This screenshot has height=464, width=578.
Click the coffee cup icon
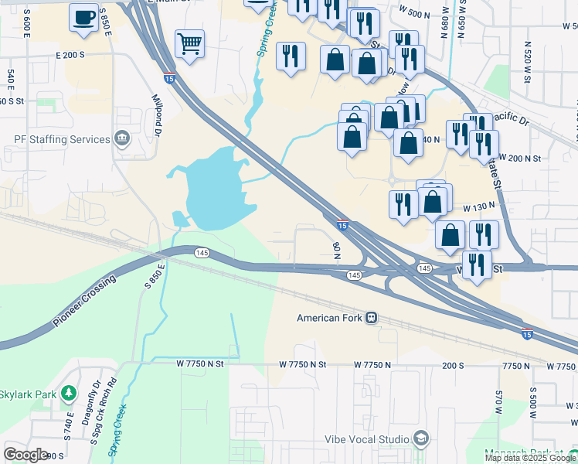83,16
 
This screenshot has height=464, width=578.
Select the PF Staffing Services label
62,140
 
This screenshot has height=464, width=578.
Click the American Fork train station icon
372,318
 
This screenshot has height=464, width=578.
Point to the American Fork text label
331,318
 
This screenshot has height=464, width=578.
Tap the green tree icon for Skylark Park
69,394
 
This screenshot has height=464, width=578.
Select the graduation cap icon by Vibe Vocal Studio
420,438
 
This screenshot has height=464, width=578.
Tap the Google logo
25,455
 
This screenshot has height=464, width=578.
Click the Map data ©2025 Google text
530,458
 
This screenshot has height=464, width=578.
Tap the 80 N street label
336,250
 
